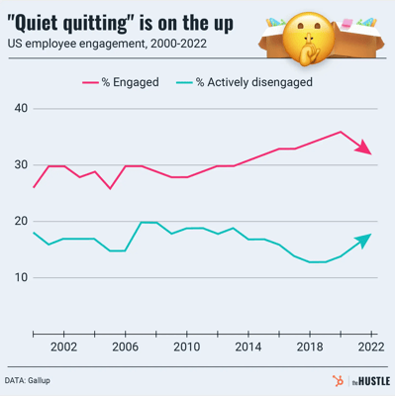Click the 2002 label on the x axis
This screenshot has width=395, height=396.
(63, 347)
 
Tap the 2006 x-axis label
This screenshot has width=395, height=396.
(125, 347)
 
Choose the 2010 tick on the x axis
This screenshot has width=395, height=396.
(186, 347)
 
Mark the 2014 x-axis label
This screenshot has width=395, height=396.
(247, 347)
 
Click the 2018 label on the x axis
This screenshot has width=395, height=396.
(309, 347)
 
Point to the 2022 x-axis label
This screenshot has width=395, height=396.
(369, 347)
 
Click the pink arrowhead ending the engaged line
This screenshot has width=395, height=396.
(366, 150)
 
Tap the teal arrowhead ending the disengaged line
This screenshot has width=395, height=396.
(366, 238)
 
